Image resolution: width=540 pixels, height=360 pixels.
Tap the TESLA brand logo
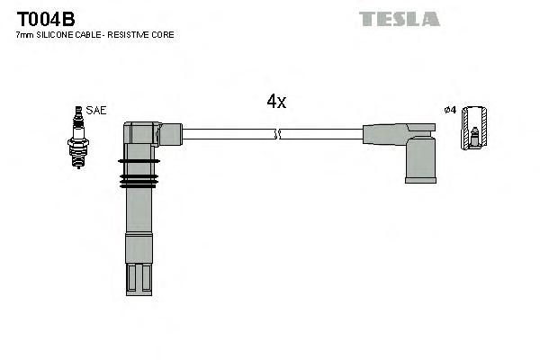point(399,18)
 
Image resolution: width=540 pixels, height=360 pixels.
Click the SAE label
point(97,110)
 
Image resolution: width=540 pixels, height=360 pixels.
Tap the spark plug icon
point(77,137)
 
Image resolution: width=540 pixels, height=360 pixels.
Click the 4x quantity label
point(276,103)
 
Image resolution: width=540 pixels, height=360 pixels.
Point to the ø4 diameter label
point(451,110)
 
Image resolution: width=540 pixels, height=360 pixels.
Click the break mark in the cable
point(278,134)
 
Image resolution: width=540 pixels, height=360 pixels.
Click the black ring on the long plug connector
point(138,162)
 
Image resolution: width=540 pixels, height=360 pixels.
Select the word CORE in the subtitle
point(163,35)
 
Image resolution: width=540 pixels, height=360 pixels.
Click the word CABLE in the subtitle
point(89,35)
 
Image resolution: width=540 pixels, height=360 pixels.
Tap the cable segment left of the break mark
point(229,134)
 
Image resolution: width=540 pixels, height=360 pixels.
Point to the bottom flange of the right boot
point(420,179)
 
